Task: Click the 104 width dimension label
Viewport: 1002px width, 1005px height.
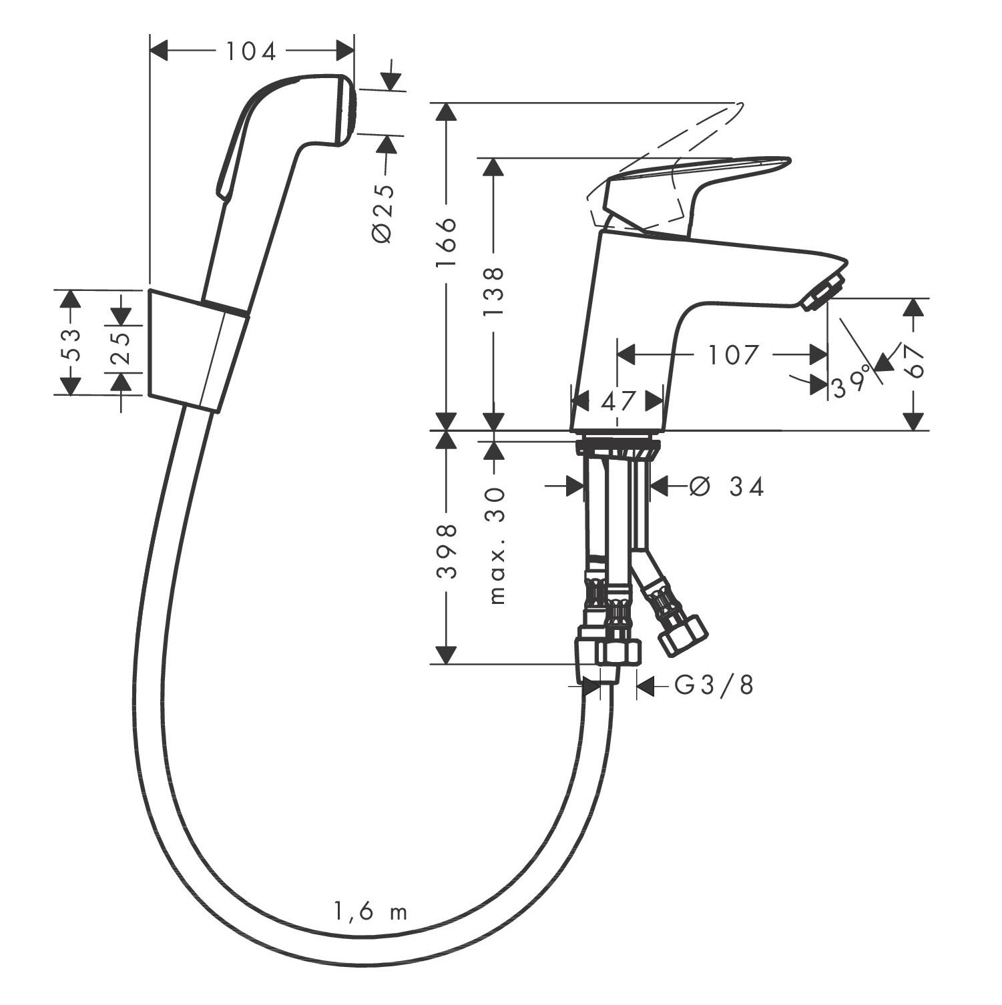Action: pos(250,51)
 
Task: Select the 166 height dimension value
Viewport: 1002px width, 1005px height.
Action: pos(445,242)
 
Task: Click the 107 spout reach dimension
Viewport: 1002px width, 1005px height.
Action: pos(733,355)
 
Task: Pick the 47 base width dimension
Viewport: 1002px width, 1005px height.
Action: pos(617,402)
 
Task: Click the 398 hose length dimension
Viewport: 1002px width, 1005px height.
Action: pos(446,551)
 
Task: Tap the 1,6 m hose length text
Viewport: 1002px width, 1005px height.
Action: pos(370,912)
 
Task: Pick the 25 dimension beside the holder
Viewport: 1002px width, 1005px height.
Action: pos(121,348)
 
